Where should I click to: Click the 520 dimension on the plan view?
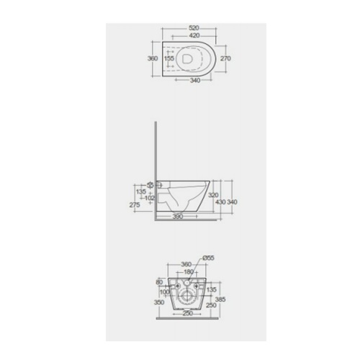(x=190, y=27)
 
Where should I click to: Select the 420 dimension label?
(x=190, y=34)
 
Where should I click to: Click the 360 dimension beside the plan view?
(x=153, y=59)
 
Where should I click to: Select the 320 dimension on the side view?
(x=213, y=195)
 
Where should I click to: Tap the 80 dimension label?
(x=159, y=283)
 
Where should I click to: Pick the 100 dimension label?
(x=165, y=292)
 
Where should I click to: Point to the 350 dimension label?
(x=159, y=303)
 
